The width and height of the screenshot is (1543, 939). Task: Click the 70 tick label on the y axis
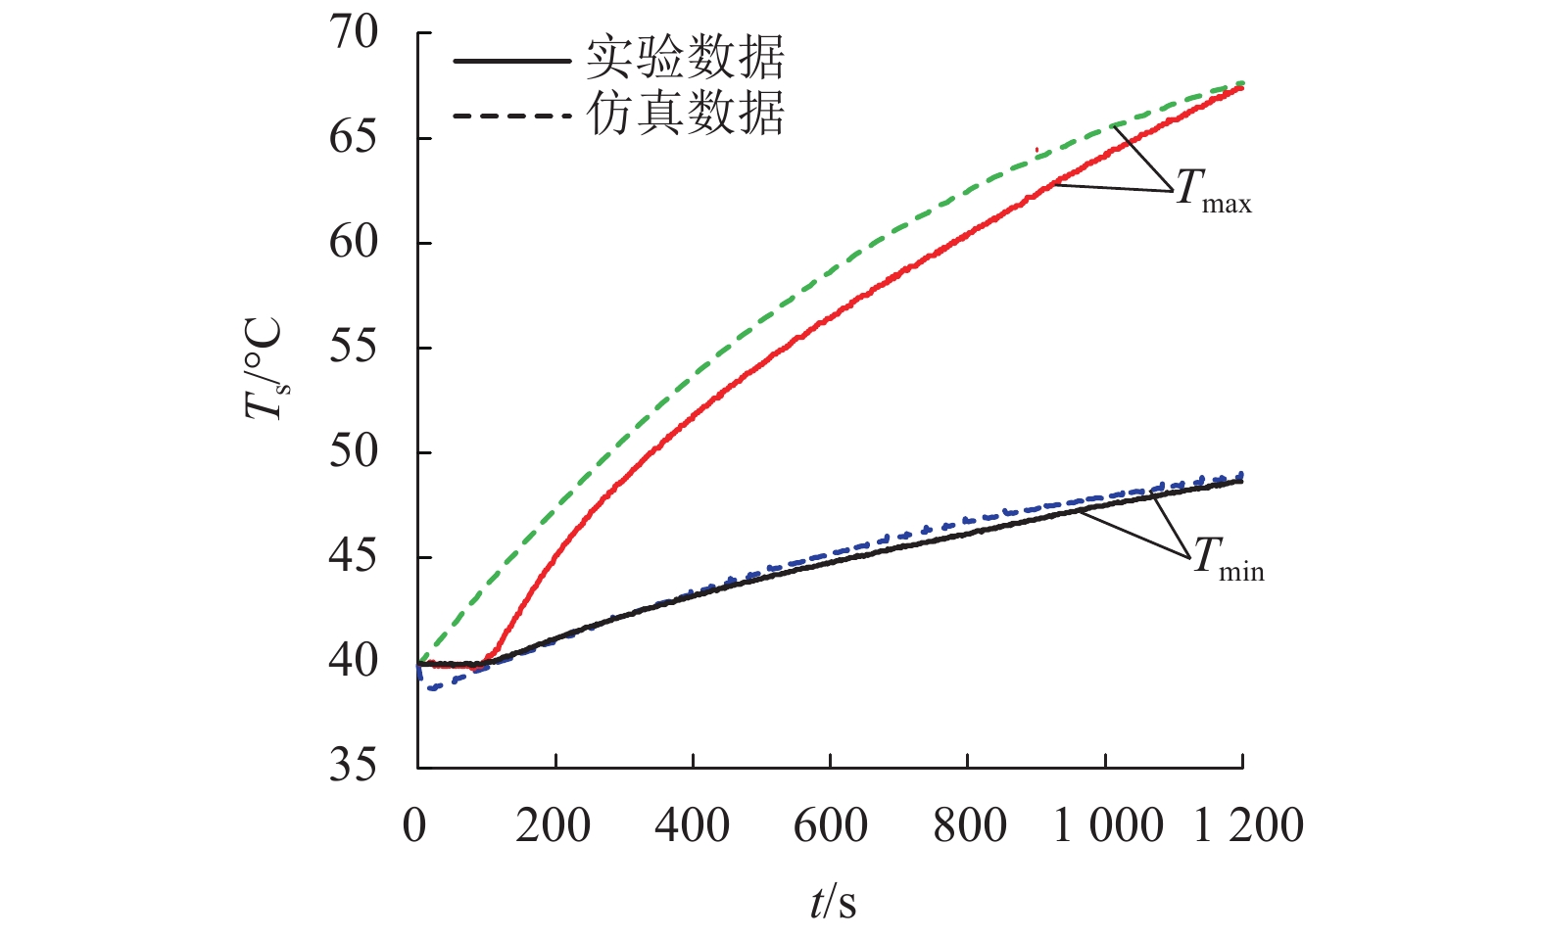[x=353, y=33]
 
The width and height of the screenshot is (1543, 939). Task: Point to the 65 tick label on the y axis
[x=353, y=138]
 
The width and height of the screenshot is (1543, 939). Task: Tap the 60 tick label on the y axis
[x=353, y=243]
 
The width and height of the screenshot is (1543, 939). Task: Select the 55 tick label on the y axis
[x=353, y=348]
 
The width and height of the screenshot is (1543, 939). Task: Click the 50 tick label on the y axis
[x=353, y=452]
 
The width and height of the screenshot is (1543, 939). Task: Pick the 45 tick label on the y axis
[x=353, y=557]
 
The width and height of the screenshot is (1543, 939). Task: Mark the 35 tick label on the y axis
[x=353, y=766]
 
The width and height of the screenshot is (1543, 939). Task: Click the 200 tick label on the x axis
[x=554, y=825]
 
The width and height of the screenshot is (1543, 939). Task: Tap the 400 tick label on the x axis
[x=693, y=825]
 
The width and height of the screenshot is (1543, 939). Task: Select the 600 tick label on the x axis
[x=831, y=825]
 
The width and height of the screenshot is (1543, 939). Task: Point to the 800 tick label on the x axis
[x=969, y=825]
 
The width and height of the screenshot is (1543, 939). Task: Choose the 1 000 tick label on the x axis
[x=1108, y=825]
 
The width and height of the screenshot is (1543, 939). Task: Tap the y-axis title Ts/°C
[x=265, y=369]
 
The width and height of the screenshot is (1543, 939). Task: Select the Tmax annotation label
[x=1213, y=190]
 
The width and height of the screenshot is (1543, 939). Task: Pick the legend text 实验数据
[x=686, y=59]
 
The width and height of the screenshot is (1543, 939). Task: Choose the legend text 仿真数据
[x=686, y=114]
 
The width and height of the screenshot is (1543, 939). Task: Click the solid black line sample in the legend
[x=511, y=61]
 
